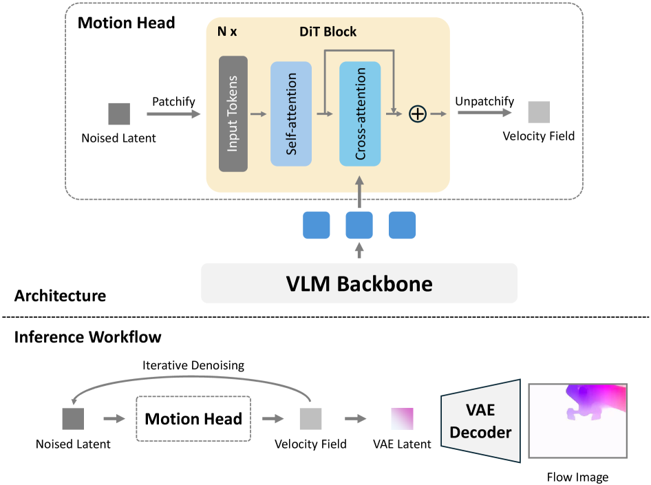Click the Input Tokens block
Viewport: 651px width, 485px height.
click(x=233, y=114)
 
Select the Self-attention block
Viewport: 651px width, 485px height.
click(x=291, y=114)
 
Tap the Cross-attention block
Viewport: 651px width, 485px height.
click(x=360, y=114)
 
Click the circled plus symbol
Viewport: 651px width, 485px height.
click(x=418, y=114)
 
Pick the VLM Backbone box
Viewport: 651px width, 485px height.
click(x=359, y=283)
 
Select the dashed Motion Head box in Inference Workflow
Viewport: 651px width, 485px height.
click(x=193, y=418)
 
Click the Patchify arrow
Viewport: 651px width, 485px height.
click(x=173, y=114)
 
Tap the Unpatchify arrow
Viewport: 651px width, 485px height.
click(x=484, y=114)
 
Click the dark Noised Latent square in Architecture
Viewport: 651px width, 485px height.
click(x=119, y=114)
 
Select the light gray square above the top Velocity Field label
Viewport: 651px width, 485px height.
click(x=539, y=112)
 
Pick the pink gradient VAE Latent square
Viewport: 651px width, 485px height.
click(x=403, y=418)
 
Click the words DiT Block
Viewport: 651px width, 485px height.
click(x=328, y=32)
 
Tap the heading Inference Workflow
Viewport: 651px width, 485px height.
click(x=87, y=337)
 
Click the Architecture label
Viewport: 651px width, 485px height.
click(x=61, y=296)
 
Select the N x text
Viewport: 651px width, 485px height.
click(x=227, y=32)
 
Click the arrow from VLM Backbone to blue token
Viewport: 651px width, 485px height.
click(x=359, y=250)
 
